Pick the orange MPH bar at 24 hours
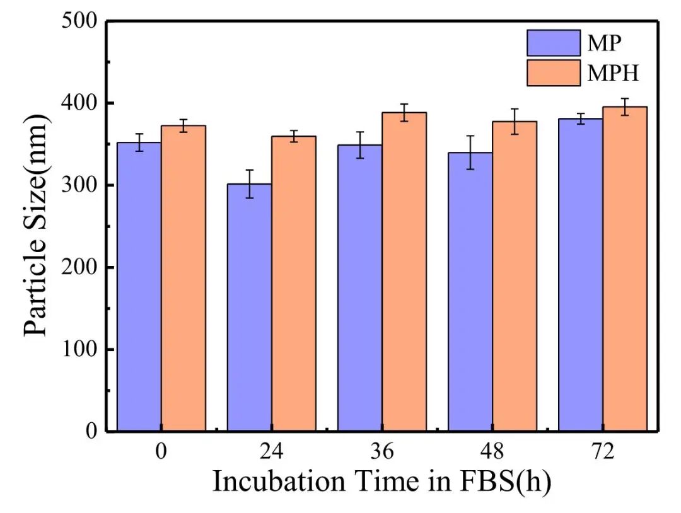(294, 284)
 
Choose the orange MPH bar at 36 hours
(404, 272)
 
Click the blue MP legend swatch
(553, 43)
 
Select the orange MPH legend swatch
(553, 72)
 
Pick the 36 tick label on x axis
(382, 452)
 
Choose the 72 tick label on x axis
(603, 452)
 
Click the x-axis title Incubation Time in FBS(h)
(381, 482)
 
